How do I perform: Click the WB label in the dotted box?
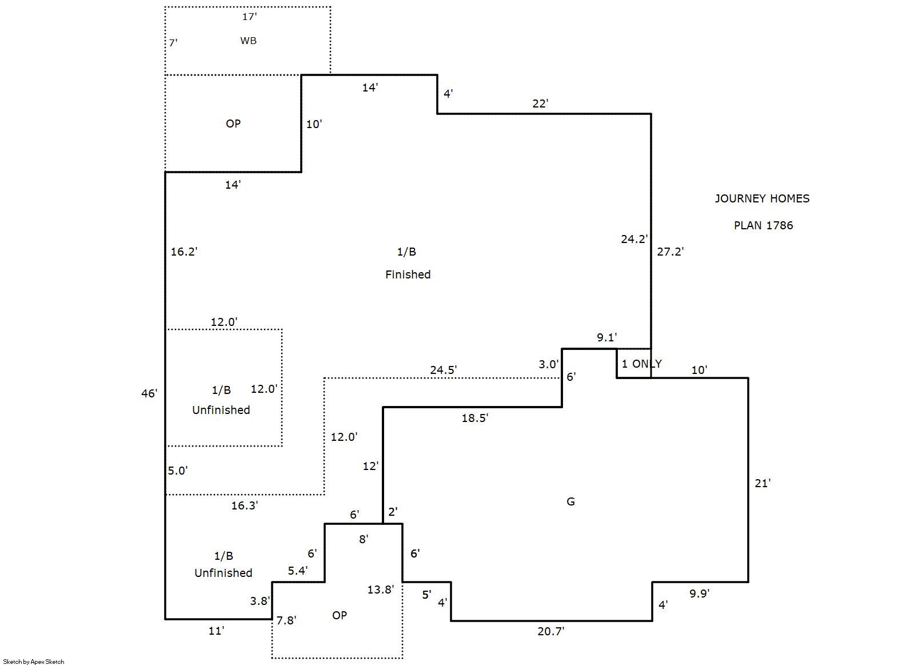pos(248,41)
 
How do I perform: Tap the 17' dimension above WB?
pos(249,17)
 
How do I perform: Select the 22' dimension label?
pos(540,103)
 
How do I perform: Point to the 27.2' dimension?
pos(670,252)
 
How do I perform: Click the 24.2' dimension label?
pos(634,239)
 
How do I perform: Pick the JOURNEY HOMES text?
pos(762,198)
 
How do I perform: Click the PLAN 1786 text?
pos(763,225)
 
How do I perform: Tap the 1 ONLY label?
pos(641,364)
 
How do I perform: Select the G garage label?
pos(570,501)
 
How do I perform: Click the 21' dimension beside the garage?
pos(763,483)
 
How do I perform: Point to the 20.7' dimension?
pos(550,631)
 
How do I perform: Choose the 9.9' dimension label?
pos(699,594)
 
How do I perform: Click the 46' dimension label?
pos(149,393)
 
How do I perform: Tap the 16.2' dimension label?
pos(184,252)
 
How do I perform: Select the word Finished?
pos(408,274)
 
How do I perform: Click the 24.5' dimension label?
pos(443,370)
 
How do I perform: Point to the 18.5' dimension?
pos(474,418)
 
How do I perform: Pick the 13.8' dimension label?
pos(380,590)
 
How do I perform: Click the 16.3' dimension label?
pos(244,505)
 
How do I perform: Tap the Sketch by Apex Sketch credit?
pos(34,662)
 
